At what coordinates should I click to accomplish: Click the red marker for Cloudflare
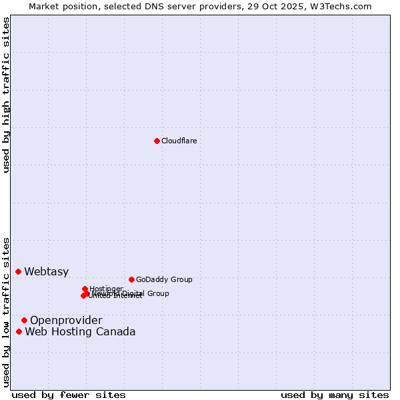[x=157, y=141]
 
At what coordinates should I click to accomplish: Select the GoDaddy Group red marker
[x=131, y=279]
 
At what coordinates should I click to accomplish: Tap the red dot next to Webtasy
[x=18, y=271]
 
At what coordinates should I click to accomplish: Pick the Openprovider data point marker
[x=24, y=320]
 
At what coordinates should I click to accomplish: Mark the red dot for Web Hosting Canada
[x=19, y=331]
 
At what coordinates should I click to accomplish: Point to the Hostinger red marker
[x=85, y=289]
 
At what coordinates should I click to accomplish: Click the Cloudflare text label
[x=179, y=141]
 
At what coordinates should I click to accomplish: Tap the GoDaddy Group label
[x=163, y=279]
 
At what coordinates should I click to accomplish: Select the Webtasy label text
[x=46, y=271]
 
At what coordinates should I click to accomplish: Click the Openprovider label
[x=66, y=321]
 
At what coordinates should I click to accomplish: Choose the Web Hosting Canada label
[x=80, y=332]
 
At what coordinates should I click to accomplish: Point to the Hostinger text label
[x=106, y=289]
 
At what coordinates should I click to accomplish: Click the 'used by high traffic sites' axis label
[x=6, y=94]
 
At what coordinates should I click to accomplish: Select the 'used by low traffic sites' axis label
[x=6, y=311]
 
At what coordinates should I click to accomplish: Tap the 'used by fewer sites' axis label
[x=69, y=395]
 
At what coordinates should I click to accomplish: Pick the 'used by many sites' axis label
[x=335, y=395]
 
